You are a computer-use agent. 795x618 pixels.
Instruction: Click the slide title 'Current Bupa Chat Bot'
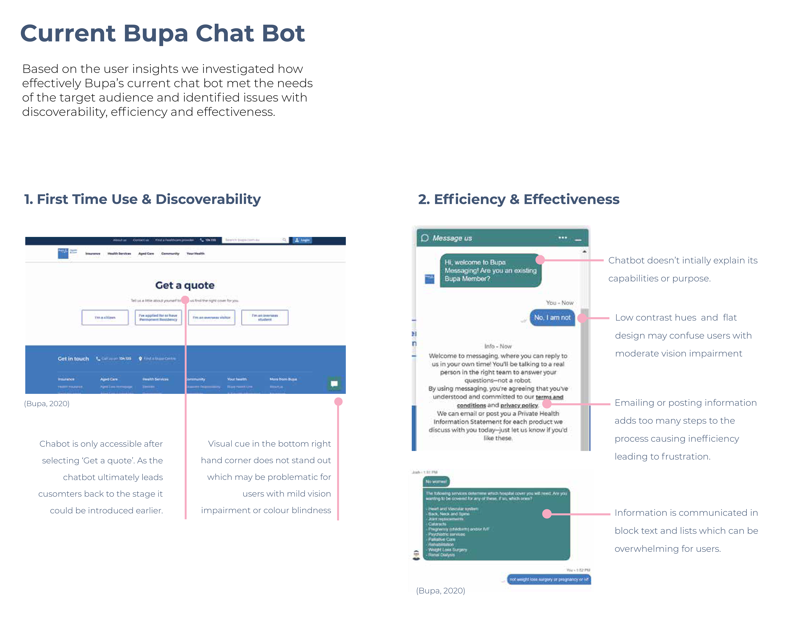click(162, 34)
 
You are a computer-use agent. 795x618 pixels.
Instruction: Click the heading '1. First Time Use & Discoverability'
click(142, 199)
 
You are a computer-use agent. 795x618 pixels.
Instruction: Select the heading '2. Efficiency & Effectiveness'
click(518, 199)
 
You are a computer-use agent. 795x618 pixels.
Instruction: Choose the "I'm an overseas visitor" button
click(212, 317)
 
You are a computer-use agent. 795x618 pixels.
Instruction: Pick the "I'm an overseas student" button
click(265, 317)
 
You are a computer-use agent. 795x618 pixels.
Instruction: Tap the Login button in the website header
click(302, 240)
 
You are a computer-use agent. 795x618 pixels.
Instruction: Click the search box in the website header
click(255, 240)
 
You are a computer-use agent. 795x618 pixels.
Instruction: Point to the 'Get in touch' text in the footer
click(73, 359)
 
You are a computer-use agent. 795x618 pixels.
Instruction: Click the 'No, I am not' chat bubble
click(552, 317)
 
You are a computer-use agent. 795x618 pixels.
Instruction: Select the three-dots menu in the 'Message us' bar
click(562, 238)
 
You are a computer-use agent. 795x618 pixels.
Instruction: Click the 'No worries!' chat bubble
click(436, 482)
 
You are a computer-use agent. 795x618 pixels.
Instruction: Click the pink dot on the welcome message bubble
click(540, 260)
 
